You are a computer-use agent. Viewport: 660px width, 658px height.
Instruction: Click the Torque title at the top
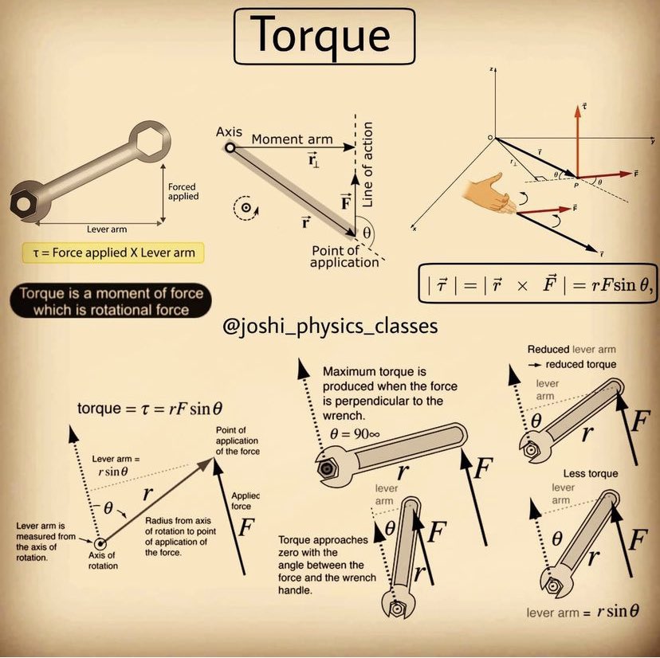point(324,36)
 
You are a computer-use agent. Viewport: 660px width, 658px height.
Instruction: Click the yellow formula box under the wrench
point(112,253)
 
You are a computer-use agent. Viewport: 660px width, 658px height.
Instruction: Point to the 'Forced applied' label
point(183,192)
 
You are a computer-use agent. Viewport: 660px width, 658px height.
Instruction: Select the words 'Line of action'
point(367,166)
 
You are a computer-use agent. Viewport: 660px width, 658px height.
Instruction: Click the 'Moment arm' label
point(293,139)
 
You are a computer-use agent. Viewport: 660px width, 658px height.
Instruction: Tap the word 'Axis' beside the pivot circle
point(229,131)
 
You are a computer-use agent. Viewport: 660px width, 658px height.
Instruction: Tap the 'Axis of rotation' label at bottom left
point(103,560)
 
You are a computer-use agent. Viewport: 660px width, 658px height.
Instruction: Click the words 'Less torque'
point(591,473)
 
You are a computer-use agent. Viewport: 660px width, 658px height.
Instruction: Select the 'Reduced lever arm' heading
point(571,350)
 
